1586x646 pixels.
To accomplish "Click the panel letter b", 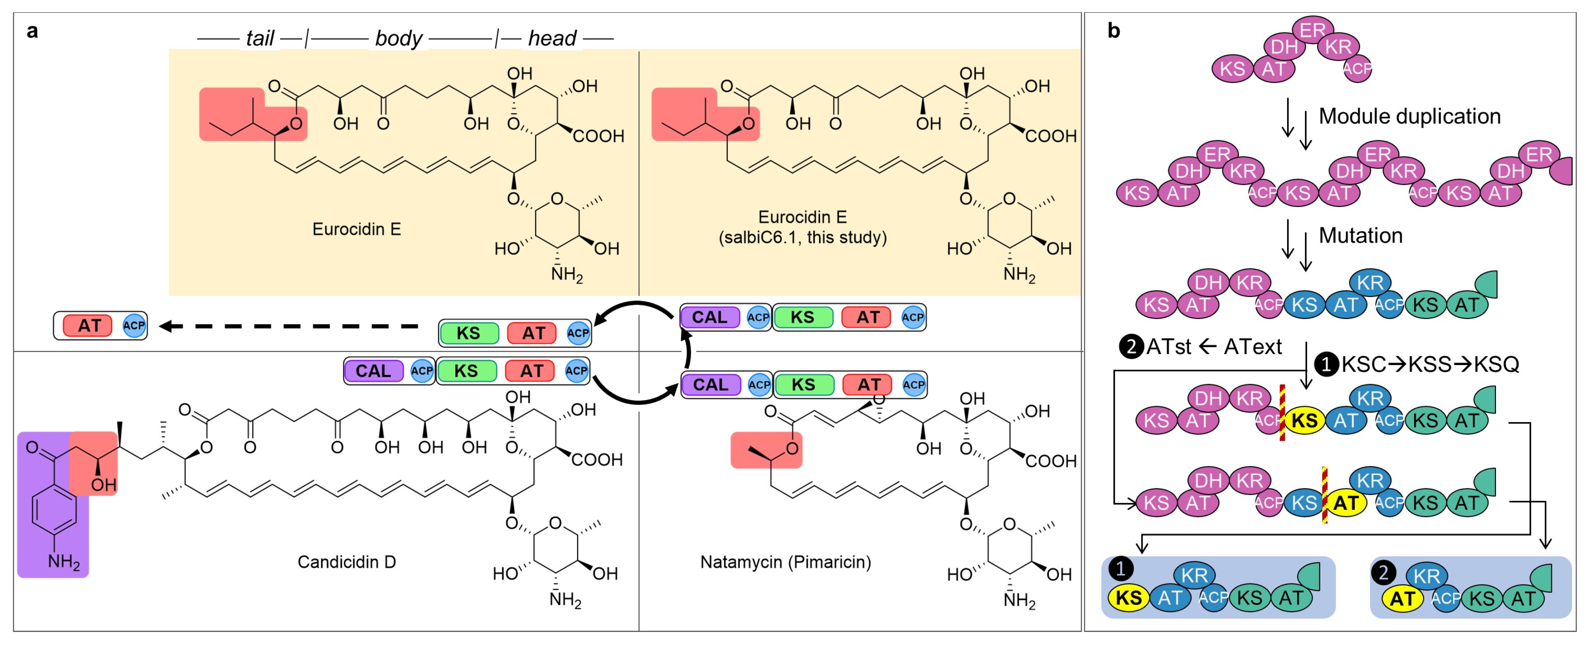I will coord(1113,31).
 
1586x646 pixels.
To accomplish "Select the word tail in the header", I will coord(259,38).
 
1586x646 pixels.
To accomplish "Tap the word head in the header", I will coord(552,38).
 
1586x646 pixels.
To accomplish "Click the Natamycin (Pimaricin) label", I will coord(786,562).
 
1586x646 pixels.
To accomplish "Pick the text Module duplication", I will coord(1409,116).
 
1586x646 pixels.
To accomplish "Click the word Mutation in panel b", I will coord(1361,236).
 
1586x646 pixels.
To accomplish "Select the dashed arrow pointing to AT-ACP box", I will coord(289,326).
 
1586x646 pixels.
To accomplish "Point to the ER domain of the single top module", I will coord(1312,30).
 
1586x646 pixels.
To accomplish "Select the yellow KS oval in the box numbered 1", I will coord(1129,598).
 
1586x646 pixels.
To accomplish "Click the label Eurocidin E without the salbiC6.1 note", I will coord(356,230).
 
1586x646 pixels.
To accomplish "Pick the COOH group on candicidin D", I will coord(597,459).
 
